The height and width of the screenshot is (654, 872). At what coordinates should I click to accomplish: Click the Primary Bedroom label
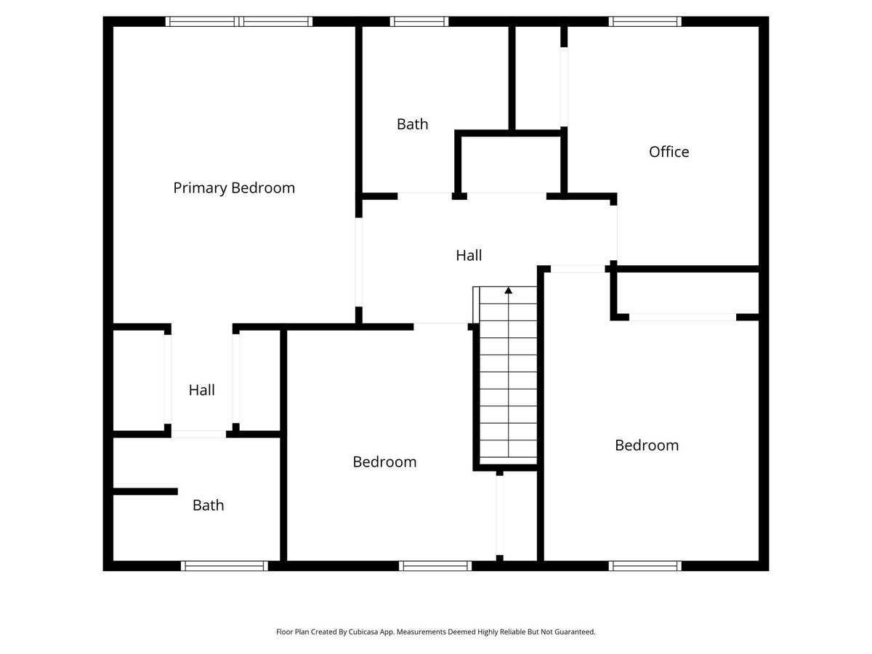click(234, 188)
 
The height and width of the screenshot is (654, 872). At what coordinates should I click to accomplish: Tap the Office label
click(669, 152)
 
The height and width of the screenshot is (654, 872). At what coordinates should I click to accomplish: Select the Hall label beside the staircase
click(469, 256)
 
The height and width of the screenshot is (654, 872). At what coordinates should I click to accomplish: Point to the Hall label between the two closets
click(201, 390)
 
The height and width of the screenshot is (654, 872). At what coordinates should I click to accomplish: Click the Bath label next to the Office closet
click(412, 124)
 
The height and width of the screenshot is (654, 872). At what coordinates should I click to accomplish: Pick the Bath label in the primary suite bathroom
click(208, 505)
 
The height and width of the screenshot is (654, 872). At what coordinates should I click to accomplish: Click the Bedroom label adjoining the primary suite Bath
click(384, 462)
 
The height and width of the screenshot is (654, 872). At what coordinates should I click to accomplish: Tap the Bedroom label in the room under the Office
click(646, 445)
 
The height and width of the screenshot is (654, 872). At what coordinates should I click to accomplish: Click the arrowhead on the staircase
click(509, 291)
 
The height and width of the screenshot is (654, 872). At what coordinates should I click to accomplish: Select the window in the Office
click(645, 22)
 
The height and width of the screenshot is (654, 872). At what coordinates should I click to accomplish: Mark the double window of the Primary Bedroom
click(239, 22)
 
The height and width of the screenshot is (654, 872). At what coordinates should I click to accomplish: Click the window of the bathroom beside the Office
click(419, 22)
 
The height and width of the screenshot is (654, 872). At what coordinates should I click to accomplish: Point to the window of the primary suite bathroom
click(225, 565)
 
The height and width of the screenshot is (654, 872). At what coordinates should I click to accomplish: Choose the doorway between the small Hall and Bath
click(198, 434)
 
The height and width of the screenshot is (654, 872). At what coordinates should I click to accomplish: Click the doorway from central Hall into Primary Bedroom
click(359, 262)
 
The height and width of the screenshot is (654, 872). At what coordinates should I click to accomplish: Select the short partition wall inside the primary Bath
click(145, 492)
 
